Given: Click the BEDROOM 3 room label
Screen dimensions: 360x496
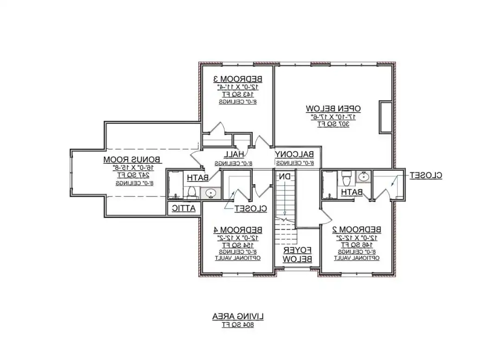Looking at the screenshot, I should (238, 78).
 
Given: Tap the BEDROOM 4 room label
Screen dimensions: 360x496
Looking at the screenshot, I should (238, 230).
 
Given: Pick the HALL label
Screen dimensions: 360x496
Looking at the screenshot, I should (234, 154).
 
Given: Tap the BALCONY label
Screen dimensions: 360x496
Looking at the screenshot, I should (295, 154).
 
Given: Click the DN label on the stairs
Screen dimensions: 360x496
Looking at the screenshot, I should (284, 176).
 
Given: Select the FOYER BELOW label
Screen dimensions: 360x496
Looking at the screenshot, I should (298, 254).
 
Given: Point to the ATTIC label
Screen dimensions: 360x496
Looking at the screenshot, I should (184, 209).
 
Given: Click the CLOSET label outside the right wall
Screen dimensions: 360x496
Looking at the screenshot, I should (425, 175).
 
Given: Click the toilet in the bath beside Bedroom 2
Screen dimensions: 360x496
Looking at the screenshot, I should (345, 178).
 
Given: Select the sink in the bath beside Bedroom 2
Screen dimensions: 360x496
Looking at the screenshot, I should (363, 176).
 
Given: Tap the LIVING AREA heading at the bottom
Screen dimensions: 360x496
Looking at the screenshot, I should (238, 316).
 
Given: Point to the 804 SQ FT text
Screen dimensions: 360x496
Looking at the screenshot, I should (238, 325).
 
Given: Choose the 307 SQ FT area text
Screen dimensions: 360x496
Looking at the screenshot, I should (333, 124).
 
